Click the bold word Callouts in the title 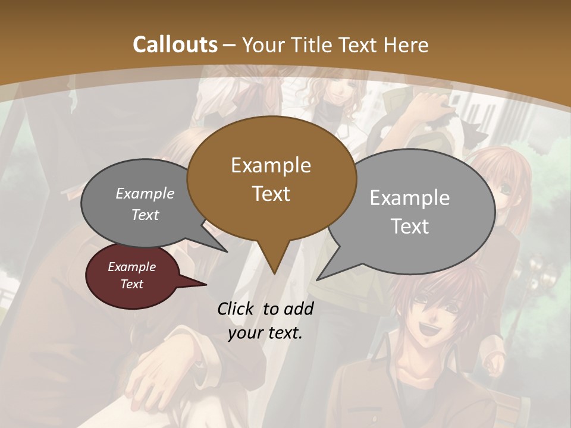(175, 45)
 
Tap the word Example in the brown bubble (271, 165)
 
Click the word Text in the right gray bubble (410, 226)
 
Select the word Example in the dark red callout (131, 267)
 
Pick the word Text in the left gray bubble (145, 215)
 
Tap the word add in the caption (299, 309)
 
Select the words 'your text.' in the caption (265, 333)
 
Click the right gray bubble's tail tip (318, 278)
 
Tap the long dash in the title (230, 45)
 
